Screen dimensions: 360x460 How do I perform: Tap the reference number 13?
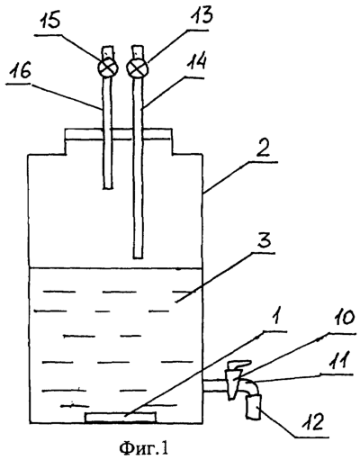(202, 16)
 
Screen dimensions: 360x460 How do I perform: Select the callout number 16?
(19, 72)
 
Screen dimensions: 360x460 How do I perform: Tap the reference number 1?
(276, 322)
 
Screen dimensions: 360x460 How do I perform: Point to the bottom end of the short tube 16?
(108, 188)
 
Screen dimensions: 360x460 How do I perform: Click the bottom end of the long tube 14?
(138, 257)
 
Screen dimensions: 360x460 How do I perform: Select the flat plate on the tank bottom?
(121, 418)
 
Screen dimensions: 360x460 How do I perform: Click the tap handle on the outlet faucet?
(238, 365)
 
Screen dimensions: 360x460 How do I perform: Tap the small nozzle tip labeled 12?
(254, 407)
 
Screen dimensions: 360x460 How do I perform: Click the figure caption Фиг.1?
(144, 448)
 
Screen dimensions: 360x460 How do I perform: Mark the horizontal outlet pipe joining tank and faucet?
(214, 386)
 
